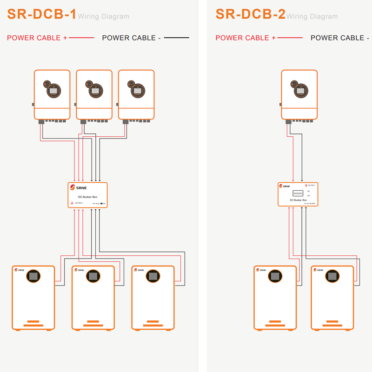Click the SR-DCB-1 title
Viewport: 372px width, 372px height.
(42, 14)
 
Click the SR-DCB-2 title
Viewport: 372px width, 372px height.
(250, 14)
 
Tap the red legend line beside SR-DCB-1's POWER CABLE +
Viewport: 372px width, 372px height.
(81, 38)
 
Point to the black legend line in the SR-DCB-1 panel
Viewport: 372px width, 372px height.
(176, 38)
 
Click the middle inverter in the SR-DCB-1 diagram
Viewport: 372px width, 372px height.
(94, 95)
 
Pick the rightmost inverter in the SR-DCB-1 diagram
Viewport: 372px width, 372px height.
(136, 95)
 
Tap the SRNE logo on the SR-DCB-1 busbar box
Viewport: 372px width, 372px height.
(75, 187)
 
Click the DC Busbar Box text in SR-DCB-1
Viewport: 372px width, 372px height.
(87, 197)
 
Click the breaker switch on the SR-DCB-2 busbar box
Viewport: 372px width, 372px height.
(297, 193)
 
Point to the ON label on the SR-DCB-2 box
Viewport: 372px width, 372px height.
(308, 191)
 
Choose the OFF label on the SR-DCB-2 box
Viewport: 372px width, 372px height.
(308, 196)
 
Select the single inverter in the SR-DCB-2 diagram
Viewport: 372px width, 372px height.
(299, 95)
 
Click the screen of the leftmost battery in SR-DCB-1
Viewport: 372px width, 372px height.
(33, 276)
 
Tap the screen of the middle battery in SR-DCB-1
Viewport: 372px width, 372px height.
(93, 276)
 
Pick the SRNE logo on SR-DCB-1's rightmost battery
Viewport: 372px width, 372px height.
(139, 270)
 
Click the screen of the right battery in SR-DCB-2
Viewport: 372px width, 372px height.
(332, 276)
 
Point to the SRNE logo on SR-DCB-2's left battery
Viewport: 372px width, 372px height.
(261, 270)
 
